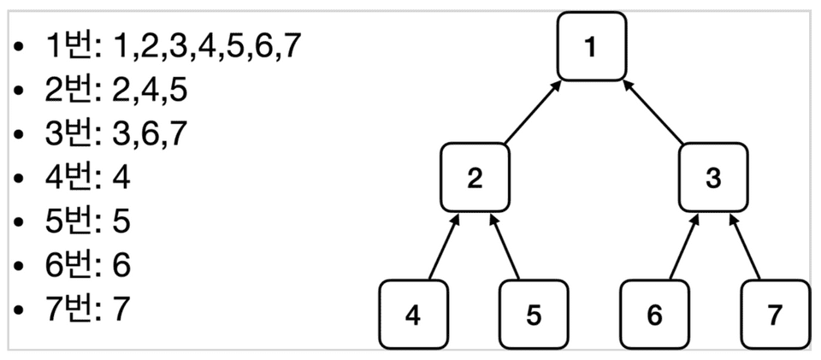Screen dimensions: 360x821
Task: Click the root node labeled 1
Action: pyautogui.click(x=591, y=46)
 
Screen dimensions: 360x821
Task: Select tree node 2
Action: pyautogui.click(x=475, y=178)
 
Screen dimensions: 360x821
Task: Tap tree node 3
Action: pyautogui.click(x=713, y=178)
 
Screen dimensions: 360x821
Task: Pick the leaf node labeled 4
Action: pyautogui.click(x=413, y=315)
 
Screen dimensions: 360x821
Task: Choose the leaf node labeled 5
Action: pyautogui.click(x=533, y=315)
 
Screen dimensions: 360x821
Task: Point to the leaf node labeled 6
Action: pyautogui.click(x=654, y=315)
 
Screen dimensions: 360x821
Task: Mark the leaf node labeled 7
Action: pyautogui.click(x=774, y=315)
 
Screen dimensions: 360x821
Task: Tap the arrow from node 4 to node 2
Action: pyautogui.click(x=444, y=247)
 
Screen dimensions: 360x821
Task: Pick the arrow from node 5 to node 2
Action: pyautogui.click(x=505, y=247)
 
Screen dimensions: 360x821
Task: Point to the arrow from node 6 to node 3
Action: pyautogui.click(x=683, y=247)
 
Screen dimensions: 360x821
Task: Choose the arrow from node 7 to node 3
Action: pyautogui.click(x=744, y=247)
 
